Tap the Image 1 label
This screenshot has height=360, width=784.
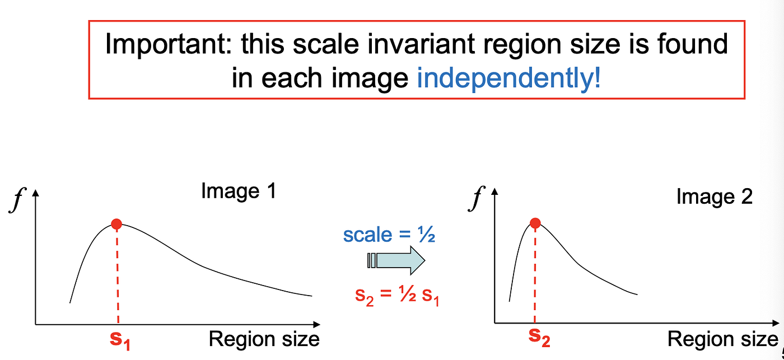pyautogui.click(x=239, y=192)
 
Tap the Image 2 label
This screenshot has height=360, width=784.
pyautogui.click(x=715, y=197)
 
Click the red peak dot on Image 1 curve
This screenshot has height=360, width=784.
pyautogui.click(x=116, y=225)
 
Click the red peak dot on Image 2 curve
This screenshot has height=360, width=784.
pyautogui.click(x=535, y=223)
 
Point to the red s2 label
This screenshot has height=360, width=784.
pyautogui.click(x=539, y=338)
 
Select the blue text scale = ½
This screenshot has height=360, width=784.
pyautogui.click(x=389, y=235)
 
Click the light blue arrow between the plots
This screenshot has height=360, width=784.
pyautogui.click(x=397, y=261)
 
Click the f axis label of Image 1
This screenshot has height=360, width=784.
pyautogui.click(x=16, y=201)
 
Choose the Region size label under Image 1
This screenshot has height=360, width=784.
pyautogui.click(x=264, y=339)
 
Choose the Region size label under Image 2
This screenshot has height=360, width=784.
pyautogui.click(x=722, y=339)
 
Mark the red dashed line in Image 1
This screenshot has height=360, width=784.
pyautogui.click(x=117, y=274)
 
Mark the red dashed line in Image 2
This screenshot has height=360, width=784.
pyautogui.click(x=535, y=274)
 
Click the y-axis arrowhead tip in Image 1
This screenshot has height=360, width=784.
pyautogui.click(x=36, y=191)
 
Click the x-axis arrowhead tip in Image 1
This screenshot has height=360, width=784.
pyautogui.click(x=320, y=324)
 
